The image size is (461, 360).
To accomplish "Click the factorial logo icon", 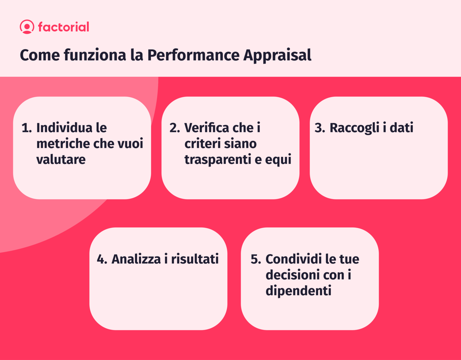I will [x=27, y=27].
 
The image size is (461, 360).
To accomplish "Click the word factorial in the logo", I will [x=64, y=27].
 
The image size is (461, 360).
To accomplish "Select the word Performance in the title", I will [x=193, y=55].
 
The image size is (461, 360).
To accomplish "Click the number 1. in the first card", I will [x=26, y=128].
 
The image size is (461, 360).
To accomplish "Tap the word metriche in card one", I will [x=61, y=144].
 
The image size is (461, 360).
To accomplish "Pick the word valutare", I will [x=61, y=159].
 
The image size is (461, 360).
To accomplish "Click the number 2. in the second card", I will [x=175, y=128].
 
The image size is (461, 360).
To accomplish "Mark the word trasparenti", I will [x=218, y=160].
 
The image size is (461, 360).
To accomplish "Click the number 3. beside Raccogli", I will [x=320, y=128].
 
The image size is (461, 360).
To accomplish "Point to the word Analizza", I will [x=136, y=259].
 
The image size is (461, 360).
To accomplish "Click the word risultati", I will [x=195, y=259].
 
